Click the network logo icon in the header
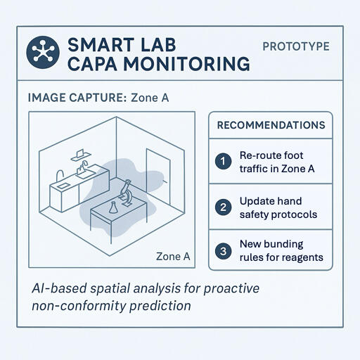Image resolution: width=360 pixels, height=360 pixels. point(42,53)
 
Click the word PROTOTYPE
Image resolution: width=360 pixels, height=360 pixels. point(296,46)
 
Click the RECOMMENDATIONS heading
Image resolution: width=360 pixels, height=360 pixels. point(271,126)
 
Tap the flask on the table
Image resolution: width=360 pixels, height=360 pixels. point(113,207)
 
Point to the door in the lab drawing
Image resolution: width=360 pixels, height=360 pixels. point(155,176)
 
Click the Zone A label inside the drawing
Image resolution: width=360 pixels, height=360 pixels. point(173,257)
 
